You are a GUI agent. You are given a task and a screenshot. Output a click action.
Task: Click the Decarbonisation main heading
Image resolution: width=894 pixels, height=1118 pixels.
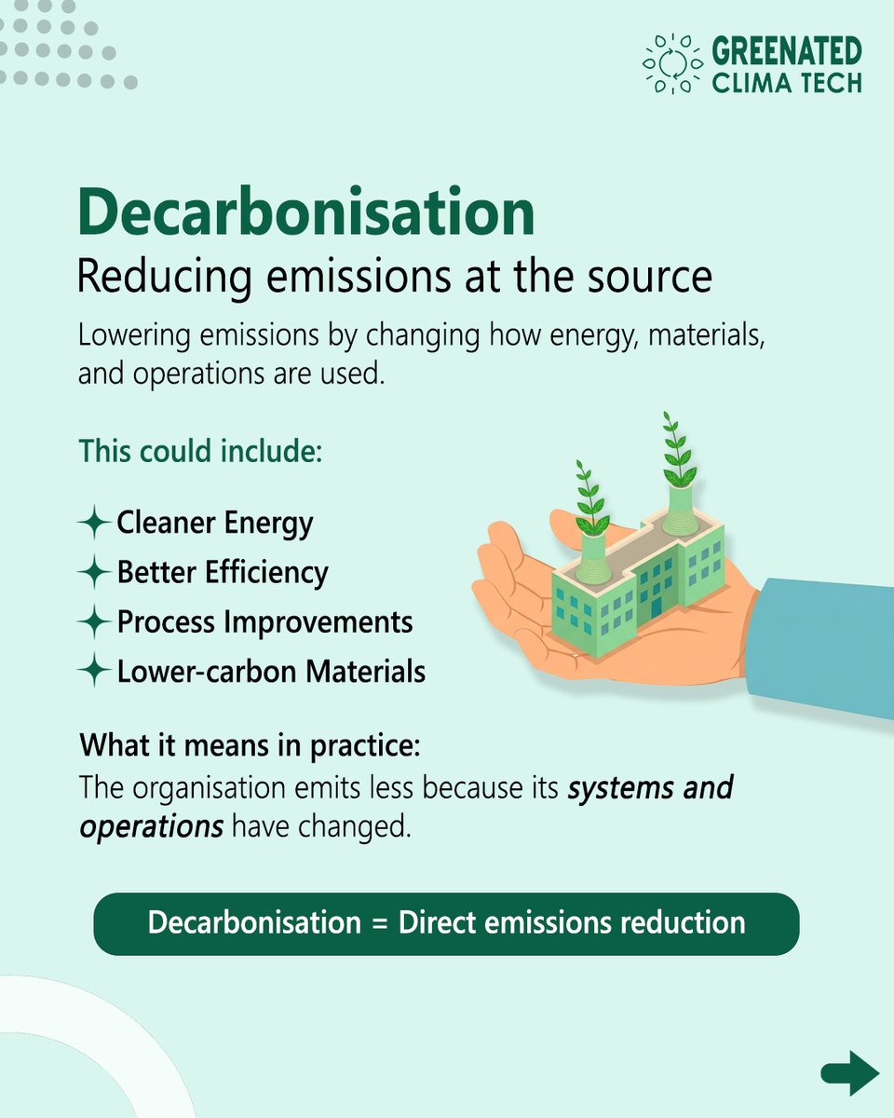tap(306, 211)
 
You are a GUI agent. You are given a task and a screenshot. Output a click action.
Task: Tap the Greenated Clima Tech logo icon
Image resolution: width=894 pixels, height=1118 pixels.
tap(671, 64)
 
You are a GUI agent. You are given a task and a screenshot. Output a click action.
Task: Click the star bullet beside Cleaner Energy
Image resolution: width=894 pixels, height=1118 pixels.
tap(94, 523)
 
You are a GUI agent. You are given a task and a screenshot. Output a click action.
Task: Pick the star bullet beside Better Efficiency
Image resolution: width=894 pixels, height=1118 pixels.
tap(94, 572)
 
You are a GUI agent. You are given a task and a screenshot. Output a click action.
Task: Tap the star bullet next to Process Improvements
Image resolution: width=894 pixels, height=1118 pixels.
tap(94, 621)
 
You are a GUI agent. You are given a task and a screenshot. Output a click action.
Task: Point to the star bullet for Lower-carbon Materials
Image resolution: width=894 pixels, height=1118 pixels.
tap(94, 671)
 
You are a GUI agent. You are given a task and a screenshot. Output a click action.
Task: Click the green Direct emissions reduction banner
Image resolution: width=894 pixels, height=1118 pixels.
tap(446, 923)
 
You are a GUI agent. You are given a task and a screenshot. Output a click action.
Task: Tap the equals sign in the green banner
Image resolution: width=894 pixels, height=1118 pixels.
tap(379, 923)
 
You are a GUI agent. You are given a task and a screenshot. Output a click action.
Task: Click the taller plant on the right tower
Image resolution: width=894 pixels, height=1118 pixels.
tap(677, 451)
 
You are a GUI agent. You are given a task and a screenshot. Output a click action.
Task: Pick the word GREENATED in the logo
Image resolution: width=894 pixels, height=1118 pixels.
tap(787, 49)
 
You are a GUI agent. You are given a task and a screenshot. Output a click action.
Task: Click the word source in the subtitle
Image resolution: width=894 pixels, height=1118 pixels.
tap(656, 277)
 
